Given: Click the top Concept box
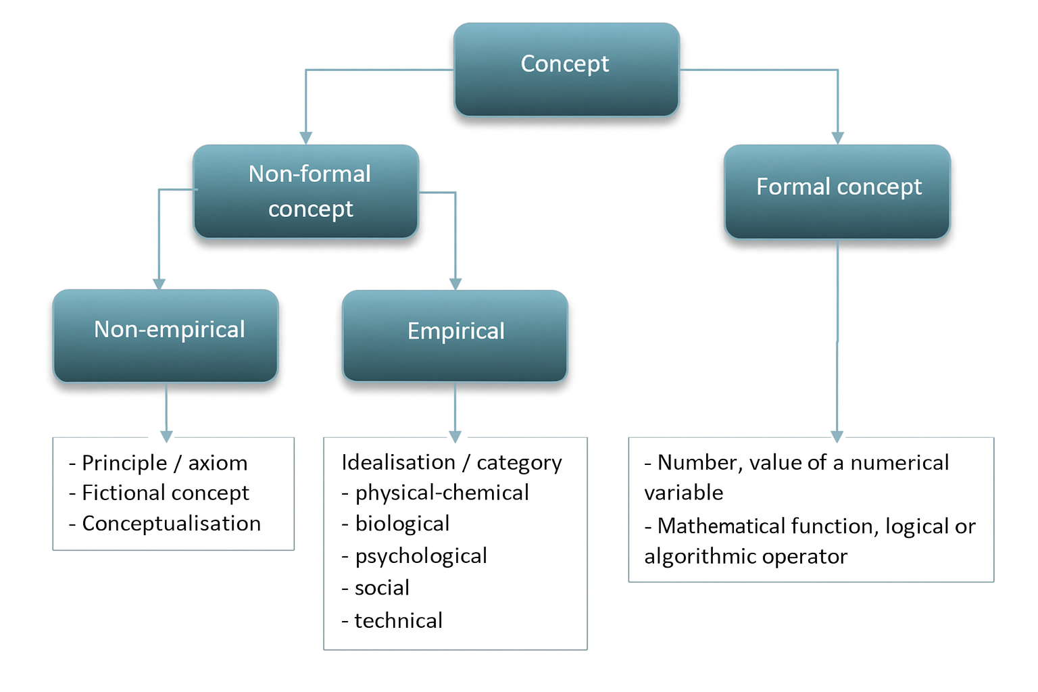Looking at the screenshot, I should click(x=566, y=69).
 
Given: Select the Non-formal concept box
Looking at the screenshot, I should click(x=306, y=191).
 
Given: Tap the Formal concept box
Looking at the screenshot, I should click(x=837, y=191).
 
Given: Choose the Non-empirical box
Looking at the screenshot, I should click(x=166, y=336).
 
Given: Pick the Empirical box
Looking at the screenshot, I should click(x=455, y=336).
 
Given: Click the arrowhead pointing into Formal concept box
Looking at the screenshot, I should click(x=837, y=138).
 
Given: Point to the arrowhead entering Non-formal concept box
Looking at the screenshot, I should click(x=306, y=138).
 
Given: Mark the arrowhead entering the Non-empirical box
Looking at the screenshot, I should click(x=159, y=284).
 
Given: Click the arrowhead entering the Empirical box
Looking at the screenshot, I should click(x=455, y=284).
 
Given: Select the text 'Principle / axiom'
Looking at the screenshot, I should click(x=164, y=463).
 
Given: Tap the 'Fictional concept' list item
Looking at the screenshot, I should click(x=165, y=493).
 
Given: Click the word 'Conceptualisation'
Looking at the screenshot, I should click(x=171, y=524).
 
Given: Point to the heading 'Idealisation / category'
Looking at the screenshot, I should click(x=451, y=462).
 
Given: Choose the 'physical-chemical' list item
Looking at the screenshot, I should click(x=442, y=493).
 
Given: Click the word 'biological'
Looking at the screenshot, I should click(x=402, y=524).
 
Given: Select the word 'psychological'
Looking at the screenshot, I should click(x=421, y=556).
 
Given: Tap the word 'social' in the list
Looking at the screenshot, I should click(x=382, y=588).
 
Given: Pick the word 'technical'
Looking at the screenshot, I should click(x=398, y=620).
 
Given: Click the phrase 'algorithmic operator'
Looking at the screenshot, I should click(x=745, y=556).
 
